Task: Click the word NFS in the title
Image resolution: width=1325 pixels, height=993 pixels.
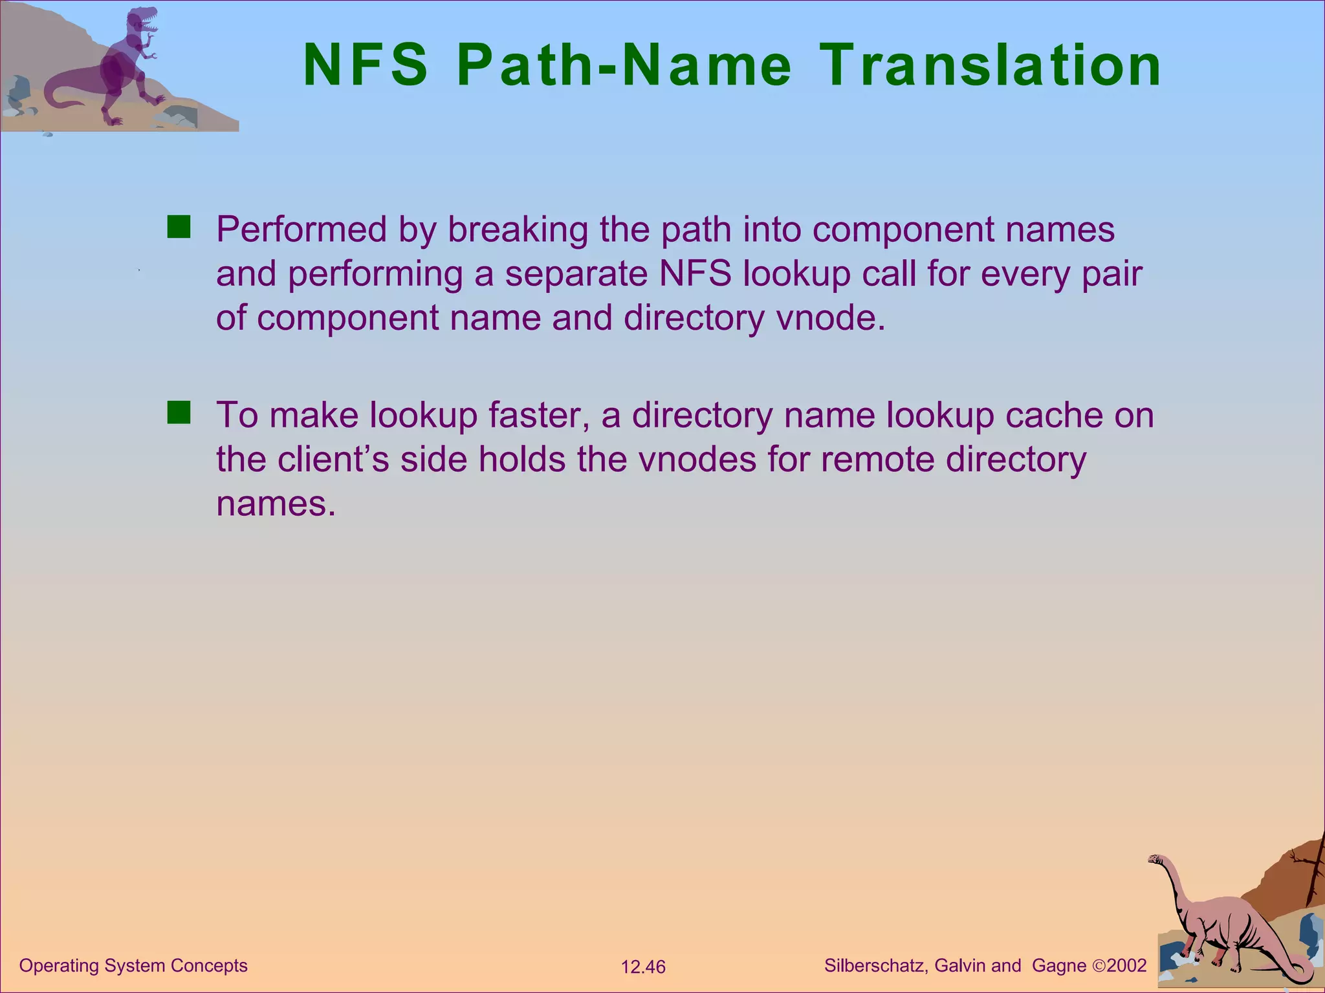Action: pyautogui.click(x=366, y=65)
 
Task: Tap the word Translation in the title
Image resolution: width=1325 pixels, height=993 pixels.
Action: pyautogui.click(x=991, y=65)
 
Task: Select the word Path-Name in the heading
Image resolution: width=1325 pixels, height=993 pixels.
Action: pyautogui.click(x=624, y=65)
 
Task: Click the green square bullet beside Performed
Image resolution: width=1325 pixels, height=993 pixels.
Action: pyautogui.click(x=179, y=228)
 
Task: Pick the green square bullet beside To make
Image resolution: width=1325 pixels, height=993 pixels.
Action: pyautogui.click(x=179, y=412)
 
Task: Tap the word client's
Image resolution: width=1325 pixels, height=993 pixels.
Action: pyautogui.click(x=333, y=459)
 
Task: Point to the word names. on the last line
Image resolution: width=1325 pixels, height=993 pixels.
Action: pyautogui.click(x=276, y=503)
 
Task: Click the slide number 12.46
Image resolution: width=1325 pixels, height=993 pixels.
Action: pyautogui.click(x=643, y=967)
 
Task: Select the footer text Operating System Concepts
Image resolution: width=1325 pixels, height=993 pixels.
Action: pyautogui.click(x=133, y=965)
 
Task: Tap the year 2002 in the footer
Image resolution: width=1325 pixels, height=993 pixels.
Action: pyautogui.click(x=1126, y=965)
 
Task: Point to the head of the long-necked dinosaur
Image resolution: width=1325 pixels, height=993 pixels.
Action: pyautogui.click(x=1157, y=859)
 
